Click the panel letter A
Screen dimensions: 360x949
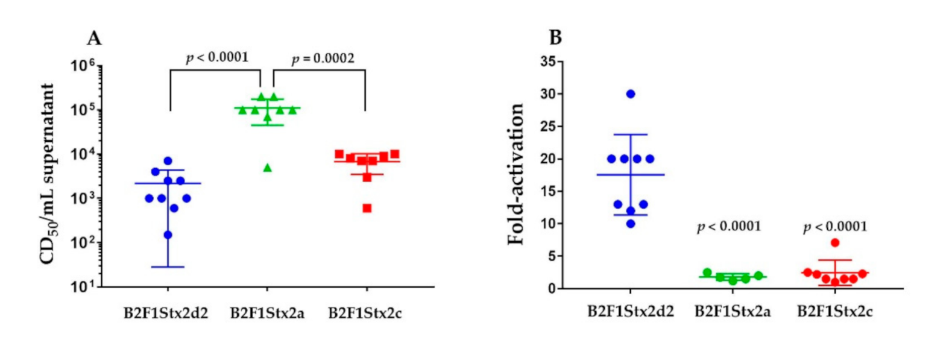coord(94,39)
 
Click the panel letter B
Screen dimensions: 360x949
coord(555,38)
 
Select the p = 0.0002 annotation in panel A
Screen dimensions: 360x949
coord(323,58)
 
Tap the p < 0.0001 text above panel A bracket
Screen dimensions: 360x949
coord(217,57)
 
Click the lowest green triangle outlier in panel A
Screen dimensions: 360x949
coord(268,168)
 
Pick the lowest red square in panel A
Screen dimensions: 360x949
coord(367,208)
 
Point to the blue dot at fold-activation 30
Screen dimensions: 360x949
coord(631,94)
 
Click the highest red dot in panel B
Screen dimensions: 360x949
coord(835,242)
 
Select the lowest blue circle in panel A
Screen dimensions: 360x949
coord(168,235)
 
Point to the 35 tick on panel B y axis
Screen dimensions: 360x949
coord(548,62)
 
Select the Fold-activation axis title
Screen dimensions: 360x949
coord(516,174)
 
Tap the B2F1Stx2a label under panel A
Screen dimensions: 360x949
coord(267,314)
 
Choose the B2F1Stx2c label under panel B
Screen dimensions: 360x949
coord(835,312)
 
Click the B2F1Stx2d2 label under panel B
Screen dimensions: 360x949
coord(631,312)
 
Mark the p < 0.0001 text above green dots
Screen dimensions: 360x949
coord(729,227)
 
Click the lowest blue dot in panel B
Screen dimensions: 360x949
coord(631,224)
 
